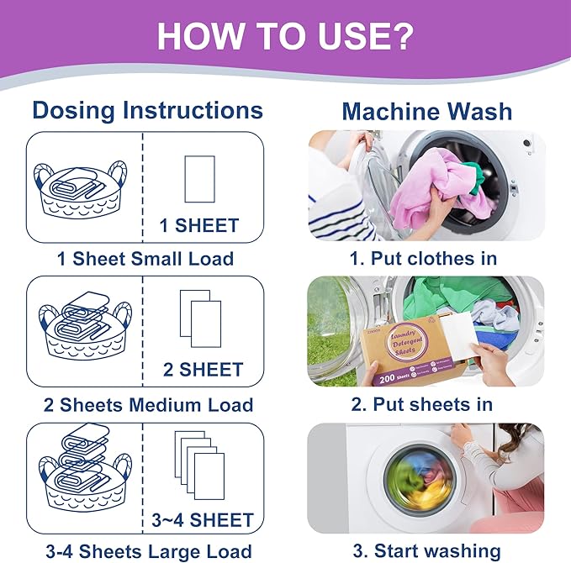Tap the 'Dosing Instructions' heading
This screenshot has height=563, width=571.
pyautogui.click(x=147, y=110)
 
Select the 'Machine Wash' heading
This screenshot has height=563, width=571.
pyautogui.click(x=426, y=111)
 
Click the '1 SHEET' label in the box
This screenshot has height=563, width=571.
pyautogui.click(x=199, y=225)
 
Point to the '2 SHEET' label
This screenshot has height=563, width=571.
pyautogui.click(x=199, y=369)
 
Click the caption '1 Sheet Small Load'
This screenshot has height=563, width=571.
pyautogui.click(x=145, y=258)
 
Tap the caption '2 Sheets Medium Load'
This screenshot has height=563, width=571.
pyautogui.click(x=145, y=404)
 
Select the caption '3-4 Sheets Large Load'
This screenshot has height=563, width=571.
pyautogui.click(x=145, y=552)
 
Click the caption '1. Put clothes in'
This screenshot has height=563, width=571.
pyautogui.click(x=424, y=258)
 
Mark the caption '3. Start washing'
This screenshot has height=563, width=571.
pyautogui.click(x=426, y=552)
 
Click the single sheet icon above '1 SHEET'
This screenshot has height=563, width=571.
pyautogui.click(x=199, y=178)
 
